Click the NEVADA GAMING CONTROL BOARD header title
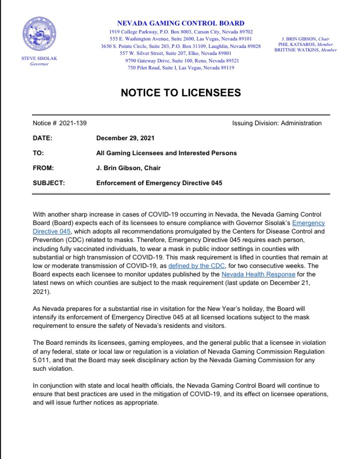pos(180,23)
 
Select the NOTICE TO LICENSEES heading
pos(180,93)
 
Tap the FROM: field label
pos(43,168)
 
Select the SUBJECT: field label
pos(48,183)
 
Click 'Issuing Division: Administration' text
pos(277,123)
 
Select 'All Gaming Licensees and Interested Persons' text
pos(166,153)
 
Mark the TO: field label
pos(39,153)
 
